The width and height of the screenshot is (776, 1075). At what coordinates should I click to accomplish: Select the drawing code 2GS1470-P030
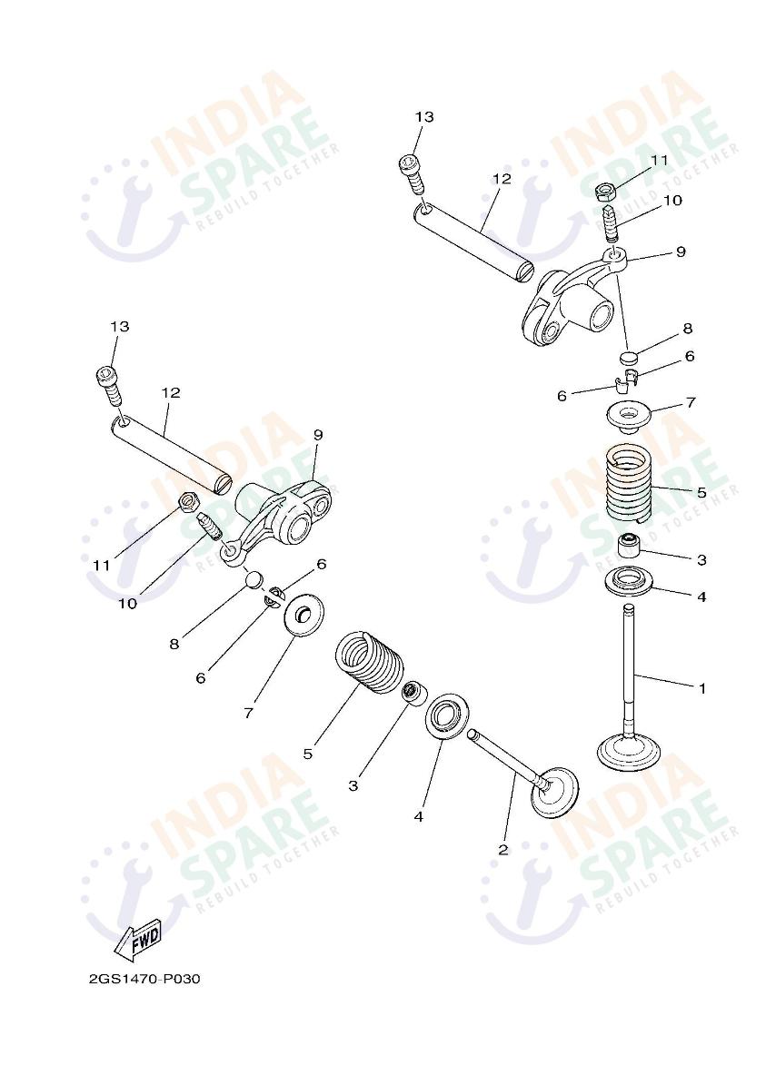click(x=144, y=979)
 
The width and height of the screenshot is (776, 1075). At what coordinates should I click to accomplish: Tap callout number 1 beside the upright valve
click(x=701, y=688)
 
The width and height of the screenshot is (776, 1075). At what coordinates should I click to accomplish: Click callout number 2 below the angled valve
click(x=503, y=850)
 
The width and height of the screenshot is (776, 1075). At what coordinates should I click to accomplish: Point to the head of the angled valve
click(x=555, y=793)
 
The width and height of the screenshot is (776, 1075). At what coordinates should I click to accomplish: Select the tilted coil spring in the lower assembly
click(x=372, y=662)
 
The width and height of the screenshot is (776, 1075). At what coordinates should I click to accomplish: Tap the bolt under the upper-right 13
click(x=413, y=173)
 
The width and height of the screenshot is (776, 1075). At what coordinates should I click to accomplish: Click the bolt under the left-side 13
click(x=111, y=386)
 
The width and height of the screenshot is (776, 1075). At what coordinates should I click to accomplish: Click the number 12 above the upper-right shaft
click(x=502, y=179)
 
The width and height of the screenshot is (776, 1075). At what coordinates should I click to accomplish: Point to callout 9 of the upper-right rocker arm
click(x=681, y=252)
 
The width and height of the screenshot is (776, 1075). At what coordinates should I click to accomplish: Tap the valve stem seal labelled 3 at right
click(x=629, y=546)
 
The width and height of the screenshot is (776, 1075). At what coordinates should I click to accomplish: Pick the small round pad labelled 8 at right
click(x=629, y=357)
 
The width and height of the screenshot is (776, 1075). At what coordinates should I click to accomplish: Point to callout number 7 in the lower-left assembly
click(x=248, y=713)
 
